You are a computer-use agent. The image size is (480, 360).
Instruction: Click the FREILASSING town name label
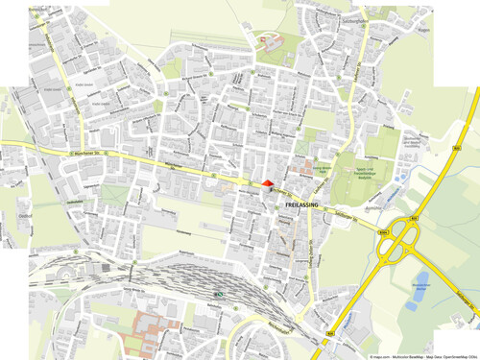coord(301,204)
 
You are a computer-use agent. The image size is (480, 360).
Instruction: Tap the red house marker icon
coord(267,182)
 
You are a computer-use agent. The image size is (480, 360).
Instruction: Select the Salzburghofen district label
coord(344,19)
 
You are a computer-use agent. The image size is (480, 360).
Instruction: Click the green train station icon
coord(219,294)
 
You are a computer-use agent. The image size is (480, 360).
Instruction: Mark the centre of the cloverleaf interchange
coord(400,245)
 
